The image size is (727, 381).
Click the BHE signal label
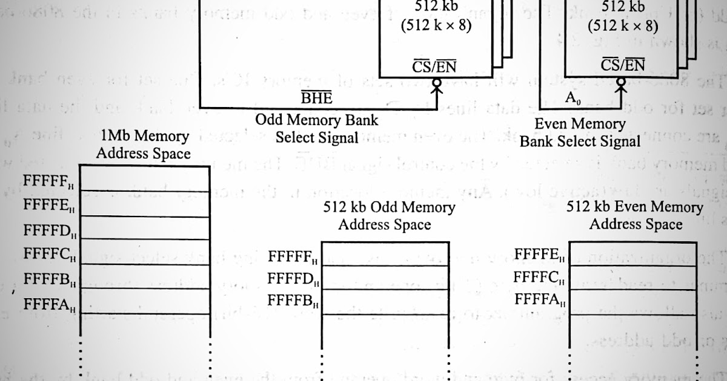click(317, 99)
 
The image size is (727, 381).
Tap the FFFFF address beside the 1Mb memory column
click(50, 181)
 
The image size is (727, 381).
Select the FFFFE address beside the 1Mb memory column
click(50, 205)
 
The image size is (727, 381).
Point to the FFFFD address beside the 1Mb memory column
click(50, 230)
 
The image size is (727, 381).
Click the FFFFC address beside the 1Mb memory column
click(50, 254)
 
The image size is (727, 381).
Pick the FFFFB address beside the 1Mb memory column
click(50, 279)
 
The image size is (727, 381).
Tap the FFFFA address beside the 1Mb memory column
click(50, 304)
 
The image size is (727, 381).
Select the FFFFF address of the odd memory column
click(293, 257)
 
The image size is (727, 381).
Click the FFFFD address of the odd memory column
click(293, 279)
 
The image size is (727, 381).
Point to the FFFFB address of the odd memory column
click(293, 300)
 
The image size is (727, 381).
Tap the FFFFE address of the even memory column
click(539, 255)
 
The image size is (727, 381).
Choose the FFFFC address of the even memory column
click(539, 278)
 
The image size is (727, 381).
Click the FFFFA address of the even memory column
click(539, 299)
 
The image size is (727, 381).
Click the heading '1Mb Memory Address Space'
click(143, 145)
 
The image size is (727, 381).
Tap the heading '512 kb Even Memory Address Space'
click(635, 215)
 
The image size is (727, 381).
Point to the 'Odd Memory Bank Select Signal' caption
click(317, 128)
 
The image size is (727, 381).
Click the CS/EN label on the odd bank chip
click(434, 66)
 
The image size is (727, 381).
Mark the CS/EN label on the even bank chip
click(623, 65)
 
